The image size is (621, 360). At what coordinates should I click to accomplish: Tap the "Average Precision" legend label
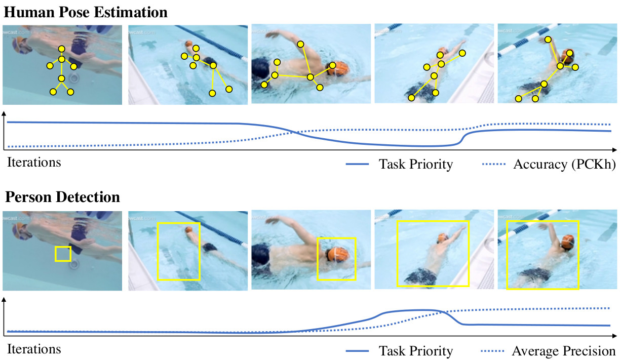(x=563, y=351)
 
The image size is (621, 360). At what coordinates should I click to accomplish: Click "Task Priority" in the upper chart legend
(x=415, y=164)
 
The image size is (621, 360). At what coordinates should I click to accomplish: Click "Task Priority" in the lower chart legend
(x=415, y=351)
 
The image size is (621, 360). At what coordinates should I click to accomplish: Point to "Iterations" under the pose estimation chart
(x=34, y=163)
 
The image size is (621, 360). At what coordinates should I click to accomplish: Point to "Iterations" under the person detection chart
(x=34, y=349)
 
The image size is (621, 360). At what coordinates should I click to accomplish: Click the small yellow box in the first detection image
(x=63, y=254)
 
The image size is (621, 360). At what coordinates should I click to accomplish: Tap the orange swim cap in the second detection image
(x=189, y=230)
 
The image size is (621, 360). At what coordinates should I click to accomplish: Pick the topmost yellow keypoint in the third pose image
(x=300, y=45)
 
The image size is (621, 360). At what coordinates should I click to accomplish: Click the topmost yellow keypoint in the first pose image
(x=62, y=49)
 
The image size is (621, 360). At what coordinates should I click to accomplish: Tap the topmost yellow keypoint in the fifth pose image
(x=548, y=39)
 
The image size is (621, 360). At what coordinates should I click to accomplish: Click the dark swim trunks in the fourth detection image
(x=421, y=276)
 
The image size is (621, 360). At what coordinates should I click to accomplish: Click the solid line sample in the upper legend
(x=360, y=164)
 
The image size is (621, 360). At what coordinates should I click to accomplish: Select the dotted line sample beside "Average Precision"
(x=493, y=351)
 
